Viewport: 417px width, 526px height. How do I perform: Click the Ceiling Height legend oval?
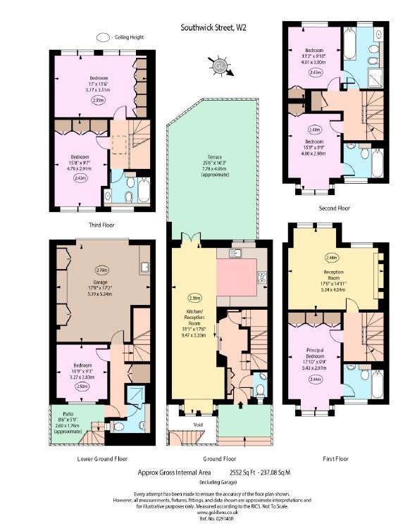tap(104, 37)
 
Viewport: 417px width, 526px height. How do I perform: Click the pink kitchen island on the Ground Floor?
tap(238, 273)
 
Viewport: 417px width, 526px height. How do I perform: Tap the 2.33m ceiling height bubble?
tap(98, 100)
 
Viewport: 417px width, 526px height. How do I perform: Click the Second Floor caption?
tap(335, 208)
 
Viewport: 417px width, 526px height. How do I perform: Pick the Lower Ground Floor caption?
tap(102, 458)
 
